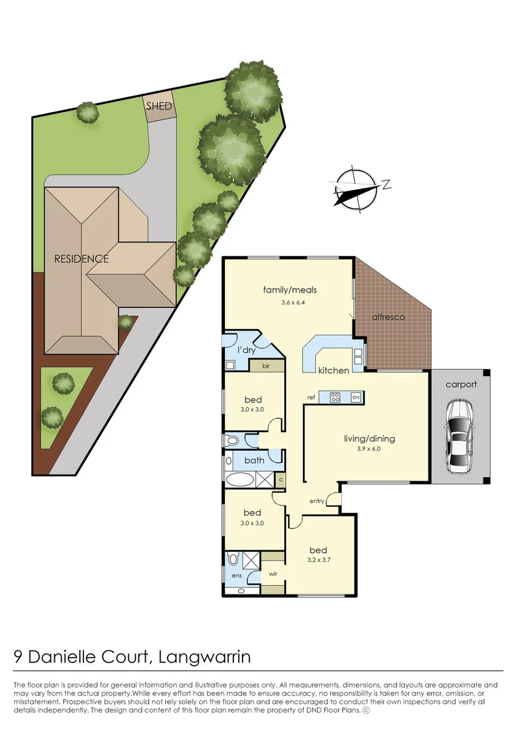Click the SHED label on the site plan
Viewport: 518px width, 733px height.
(x=159, y=107)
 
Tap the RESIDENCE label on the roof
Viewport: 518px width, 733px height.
(x=81, y=259)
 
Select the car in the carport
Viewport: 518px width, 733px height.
(x=460, y=438)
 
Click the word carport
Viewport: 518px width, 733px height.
(x=461, y=384)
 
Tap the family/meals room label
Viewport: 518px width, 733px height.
(x=290, y=290)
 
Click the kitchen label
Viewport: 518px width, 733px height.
(x=334, y=371)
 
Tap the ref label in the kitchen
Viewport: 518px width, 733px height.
(x=311, y=397)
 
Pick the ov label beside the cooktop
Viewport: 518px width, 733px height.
(x=355, y=396)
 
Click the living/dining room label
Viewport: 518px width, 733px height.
(x=370, y=438)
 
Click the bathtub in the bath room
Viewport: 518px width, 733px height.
(x=240, y=480)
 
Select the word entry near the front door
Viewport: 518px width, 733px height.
(x=317, y=501)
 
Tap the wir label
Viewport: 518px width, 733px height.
(x=273, y=574)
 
